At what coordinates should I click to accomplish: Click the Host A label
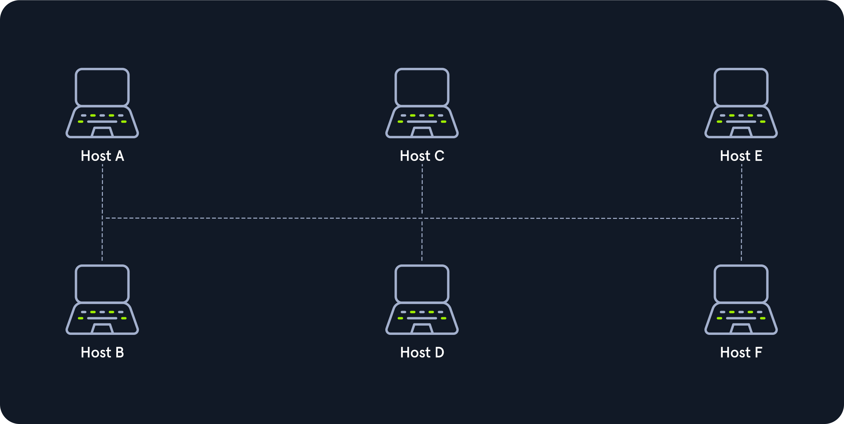(x=103, y=156)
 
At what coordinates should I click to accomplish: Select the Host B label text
(x=103, y=352)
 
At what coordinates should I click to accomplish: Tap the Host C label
(x=422, y=156)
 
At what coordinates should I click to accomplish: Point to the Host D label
(x=422, y=352)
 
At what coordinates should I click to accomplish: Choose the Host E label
(x=741, y=156)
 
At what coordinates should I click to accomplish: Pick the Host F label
(x=741, y=352)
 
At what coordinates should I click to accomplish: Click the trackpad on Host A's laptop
(x=102, y=132)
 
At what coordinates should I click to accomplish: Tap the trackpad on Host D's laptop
(x=422, y=329)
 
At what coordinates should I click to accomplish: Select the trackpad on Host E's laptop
(x=741, y=132)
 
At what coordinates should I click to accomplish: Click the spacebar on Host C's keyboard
(x=422, y=122)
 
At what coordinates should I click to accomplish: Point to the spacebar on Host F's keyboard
(x=741, y=318)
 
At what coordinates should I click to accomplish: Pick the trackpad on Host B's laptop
(x=102, y=329)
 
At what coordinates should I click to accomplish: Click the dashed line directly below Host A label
(x=102, y=212)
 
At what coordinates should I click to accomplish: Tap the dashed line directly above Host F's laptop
(x=741, y=212)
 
